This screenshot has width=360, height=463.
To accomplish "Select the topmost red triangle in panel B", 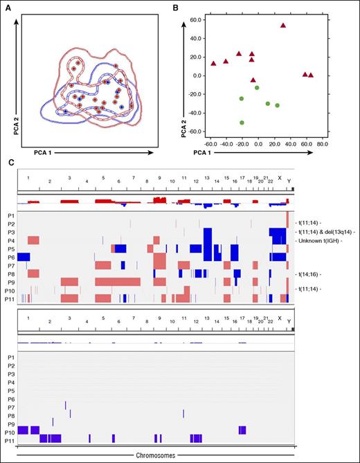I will click(283, 26).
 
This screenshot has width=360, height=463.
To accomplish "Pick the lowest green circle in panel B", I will click(242, 122).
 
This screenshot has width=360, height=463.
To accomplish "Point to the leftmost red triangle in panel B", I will click(213, 64).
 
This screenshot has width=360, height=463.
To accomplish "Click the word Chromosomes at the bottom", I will click(156, 455).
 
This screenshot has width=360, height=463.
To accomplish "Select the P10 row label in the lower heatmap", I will click(10, 430).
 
